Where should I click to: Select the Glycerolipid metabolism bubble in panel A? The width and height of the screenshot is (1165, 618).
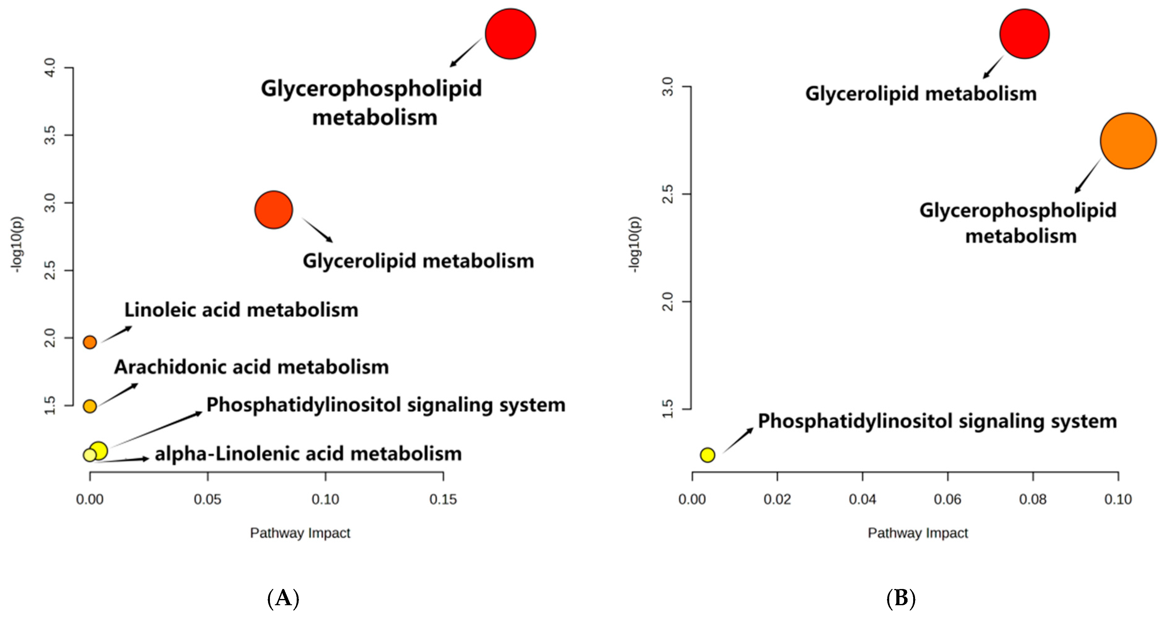pyautogui.click(x=274, y=210)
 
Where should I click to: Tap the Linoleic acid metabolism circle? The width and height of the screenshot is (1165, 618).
pyautogui.click(x=90, y=342)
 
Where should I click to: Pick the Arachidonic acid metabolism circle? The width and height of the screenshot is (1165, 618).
pyautogui.click(x=90, y=406)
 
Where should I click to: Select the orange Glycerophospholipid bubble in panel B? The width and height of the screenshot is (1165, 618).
pyautogui.click(x=1128, y=141)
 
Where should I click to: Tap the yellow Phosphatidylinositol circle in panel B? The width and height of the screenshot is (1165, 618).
pyautogui.click(x=707, y=455)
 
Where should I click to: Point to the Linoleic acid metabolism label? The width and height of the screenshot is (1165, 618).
pyautogui.click(x=241, y=310)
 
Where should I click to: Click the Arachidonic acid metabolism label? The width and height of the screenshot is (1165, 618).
pyautogui.click(x=252, y=367)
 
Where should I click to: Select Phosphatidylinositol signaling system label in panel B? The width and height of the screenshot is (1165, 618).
pyautogui.click(x=937, y=421)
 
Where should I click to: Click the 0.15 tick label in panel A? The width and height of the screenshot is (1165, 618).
pyautogui.click(x=443, y=499)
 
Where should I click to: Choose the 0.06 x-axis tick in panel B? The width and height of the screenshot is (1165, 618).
pyautogui.click(x=947, y=499)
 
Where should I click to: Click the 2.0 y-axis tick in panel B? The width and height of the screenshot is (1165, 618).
pyautogui.click(x=668, y=302)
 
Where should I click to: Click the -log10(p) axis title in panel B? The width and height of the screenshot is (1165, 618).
pyautogui.click(x=635, y=245)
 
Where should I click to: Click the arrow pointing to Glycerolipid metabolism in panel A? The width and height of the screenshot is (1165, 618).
pyautogui.click(x=318, y=230)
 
